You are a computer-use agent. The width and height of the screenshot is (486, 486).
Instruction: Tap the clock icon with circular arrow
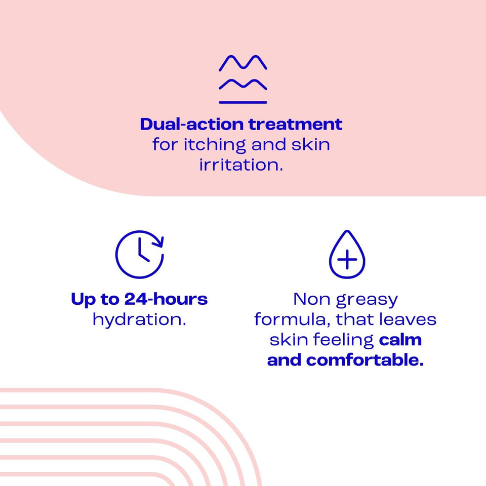pyautogui.click(x=139, y=254)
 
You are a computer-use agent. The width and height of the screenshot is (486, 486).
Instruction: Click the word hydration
pyautogui.click(x=139, y=320)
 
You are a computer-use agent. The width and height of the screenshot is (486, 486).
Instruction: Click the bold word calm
pyautogui.click(x=400, y=340)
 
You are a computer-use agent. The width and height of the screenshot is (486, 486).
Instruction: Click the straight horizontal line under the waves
pyautogui.click(x=243, y=102)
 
